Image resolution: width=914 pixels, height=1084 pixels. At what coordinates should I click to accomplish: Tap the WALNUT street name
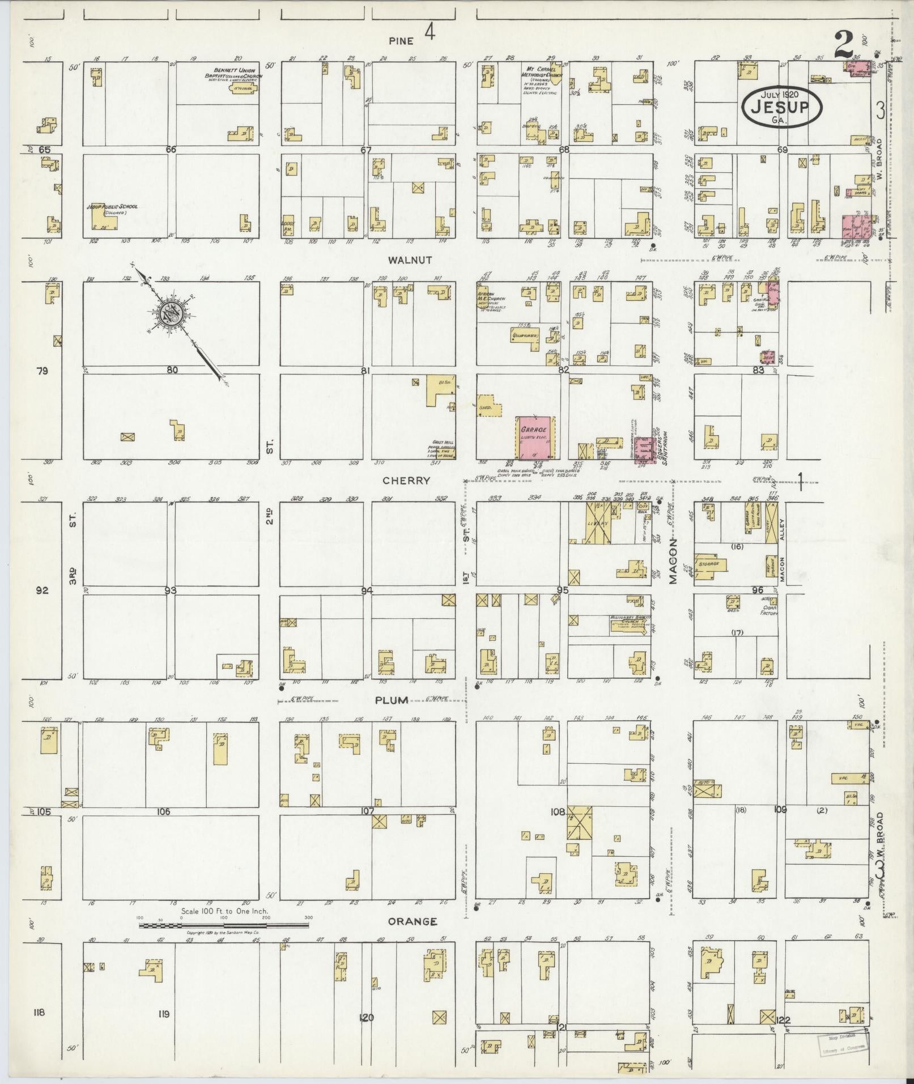pyautogui.click(x=410, y=260)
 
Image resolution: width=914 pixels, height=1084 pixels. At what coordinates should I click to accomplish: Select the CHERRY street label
pyautogui.click(x=406, y=480)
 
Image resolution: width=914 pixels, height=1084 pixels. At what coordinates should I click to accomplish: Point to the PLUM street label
pyautogui.click(x=392, y=700)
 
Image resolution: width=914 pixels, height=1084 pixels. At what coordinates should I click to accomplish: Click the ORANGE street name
pyautogui.click(x=413, y=921)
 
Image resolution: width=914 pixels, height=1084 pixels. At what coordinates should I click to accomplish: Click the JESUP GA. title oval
pyautogui.click(x=783, y=106)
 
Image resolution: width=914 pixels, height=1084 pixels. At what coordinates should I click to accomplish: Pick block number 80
pyautogui.click(x=172, y=370)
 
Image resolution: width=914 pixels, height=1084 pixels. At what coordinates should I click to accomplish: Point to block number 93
pyautogui.click(x=171, y=590)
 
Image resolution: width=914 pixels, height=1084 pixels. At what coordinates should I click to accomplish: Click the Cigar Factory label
pyautogui.click(x=770, y=610)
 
